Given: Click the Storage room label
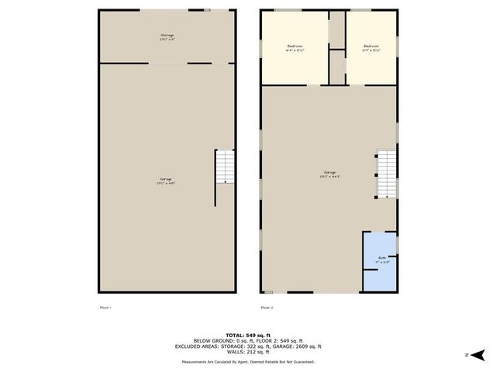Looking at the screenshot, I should tap(167, 36).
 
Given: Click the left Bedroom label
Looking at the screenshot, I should tap(294, 46).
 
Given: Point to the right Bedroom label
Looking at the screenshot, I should tap(371, 46).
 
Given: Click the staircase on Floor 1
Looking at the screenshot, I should tap(224, 167).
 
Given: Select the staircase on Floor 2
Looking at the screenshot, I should tap(386, 174).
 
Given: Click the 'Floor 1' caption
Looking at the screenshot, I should tap(105, 308).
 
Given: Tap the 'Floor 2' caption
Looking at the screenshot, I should tap(267, 308).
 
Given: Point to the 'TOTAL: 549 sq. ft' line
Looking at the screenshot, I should tap(247, 333).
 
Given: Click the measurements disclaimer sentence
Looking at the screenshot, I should tap(248, 362).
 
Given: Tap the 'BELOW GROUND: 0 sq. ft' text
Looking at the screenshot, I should tap(221, 339).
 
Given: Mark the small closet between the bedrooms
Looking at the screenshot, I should tap(337, 67).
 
